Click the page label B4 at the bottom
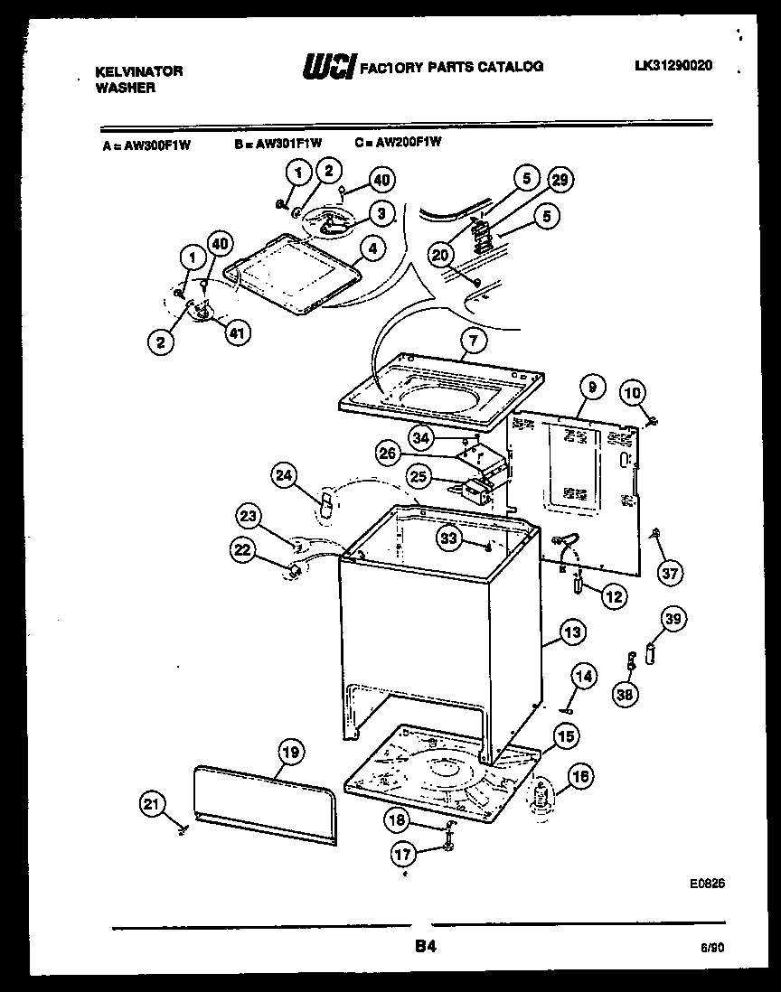click(x=427, y=947)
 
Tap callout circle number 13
click(x=571, y=632)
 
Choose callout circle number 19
click(x=289, y=752)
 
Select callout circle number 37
click(x=670, y=572)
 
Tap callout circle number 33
click(x=449, y=538)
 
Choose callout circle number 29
click(x=560, y=181)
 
